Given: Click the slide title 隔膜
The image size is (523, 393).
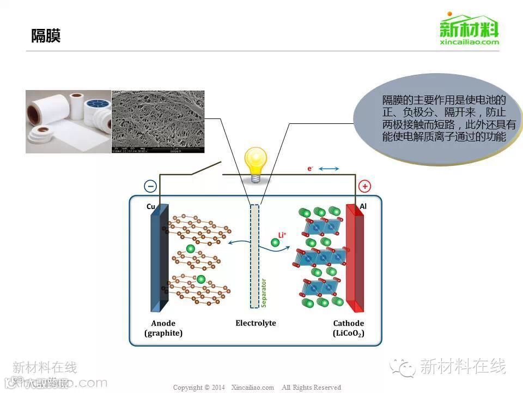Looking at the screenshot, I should pyautogui.click(x=46, y=36).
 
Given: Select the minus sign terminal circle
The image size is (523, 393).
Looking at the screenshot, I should pyautogui.click(x=150, y=186).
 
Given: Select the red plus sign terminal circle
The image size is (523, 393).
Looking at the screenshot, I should pyautogui.click(x=364, y=186).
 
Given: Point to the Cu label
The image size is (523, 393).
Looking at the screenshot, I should pyautogui.click(x=151, y=206).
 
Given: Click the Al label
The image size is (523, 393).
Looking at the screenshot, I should pyautogui.click(x=363, y=206).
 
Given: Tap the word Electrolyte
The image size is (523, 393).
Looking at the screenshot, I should pyautogui.click(x=256, y=323).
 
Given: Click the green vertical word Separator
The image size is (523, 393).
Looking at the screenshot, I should pyautogui.click(x=264, y=293).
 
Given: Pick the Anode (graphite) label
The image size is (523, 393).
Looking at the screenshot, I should pyautogui.click(x=163, y=328).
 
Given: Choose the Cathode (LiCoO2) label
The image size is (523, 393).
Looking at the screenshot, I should pyautogui.click(x=349, y=328).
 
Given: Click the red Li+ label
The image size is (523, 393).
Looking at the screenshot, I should pyautogui.click(x=282, y=235).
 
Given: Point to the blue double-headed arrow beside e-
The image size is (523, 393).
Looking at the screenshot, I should pyautogui.click(x=329, y=169).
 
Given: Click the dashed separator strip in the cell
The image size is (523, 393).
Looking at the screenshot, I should pyautogui.click(x=254, y=257).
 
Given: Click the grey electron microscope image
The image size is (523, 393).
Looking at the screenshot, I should pyautogui.click(x=158, y=121).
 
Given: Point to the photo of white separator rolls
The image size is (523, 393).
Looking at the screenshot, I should pyautogui.click(x=68, y=121).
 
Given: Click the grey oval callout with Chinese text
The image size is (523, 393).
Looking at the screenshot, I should pyautogui.click(x=437, y=118).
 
